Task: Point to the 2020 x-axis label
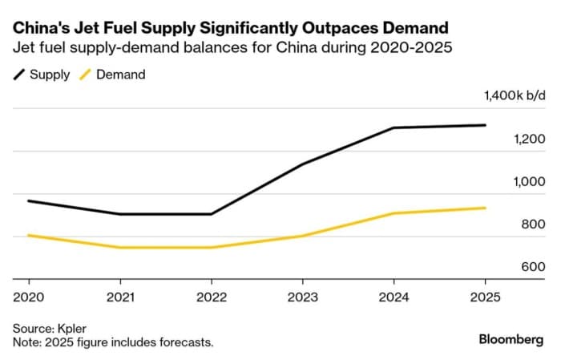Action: (x=29, y=297)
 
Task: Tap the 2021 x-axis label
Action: (x=119, y=297)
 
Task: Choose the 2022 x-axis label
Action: (x=211, y=297)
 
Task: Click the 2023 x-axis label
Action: (x=302, y=297)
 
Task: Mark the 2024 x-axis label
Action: (x=394, y=297)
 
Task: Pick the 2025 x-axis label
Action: (x=485, y=297)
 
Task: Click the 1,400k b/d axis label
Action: (x=515, y=97)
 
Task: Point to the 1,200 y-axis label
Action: (x=529, y=140)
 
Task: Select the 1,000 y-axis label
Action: (x=529, y=182)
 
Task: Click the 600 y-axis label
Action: (x=533, y=267)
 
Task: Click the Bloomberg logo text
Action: (x=511, y=340)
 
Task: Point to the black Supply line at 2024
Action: (x=394, y=128)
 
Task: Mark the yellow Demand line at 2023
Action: (x=302, y=236)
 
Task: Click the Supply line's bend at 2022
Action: (x=211, y=214)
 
